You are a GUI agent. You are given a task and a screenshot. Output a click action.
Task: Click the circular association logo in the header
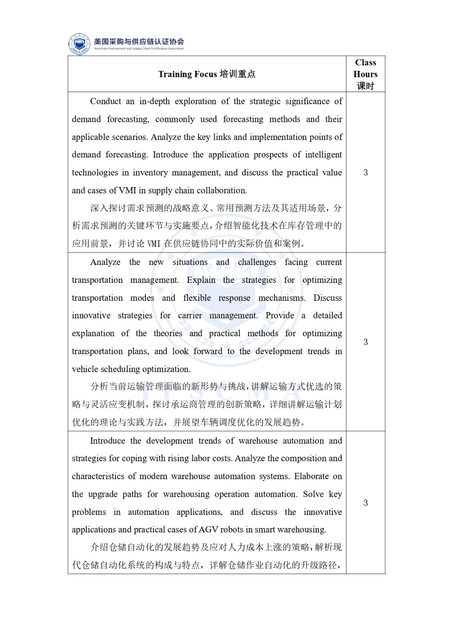(x=79, y=44)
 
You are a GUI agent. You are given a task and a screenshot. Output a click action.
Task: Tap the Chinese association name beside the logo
(x=139, y=41)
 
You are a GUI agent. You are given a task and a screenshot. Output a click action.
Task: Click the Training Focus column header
(x=206, y=74)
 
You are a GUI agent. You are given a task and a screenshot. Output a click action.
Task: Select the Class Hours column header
(x=365, y=74)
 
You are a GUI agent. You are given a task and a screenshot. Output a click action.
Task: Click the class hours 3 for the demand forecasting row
(x=365, y=173)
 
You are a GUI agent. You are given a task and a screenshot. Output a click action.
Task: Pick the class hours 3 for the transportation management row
(x=365, y=342)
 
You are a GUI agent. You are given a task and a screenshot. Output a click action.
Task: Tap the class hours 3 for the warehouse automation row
(x=365, y=503)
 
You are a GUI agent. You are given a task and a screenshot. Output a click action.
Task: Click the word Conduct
(x=105, y=101)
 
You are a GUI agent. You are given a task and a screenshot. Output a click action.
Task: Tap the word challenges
(x=257, y=262)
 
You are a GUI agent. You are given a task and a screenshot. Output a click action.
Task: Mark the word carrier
(x=190, y=316)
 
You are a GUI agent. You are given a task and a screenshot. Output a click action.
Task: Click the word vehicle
(x=85, y=369)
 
